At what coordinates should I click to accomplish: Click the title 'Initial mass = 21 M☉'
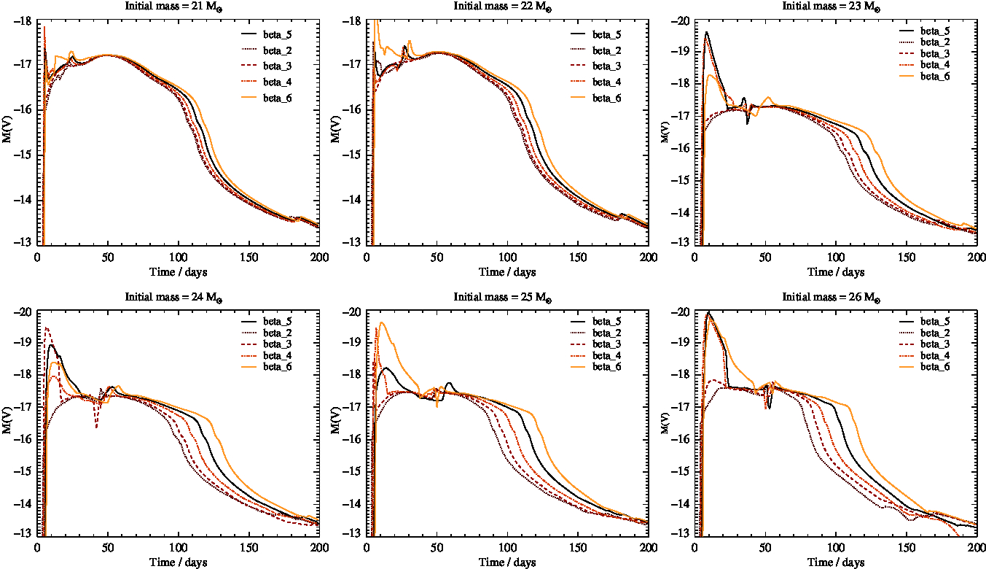coord(179,6)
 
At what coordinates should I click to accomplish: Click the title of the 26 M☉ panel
coord(835,297)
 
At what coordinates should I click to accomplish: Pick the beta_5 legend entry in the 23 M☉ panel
coord(935,31)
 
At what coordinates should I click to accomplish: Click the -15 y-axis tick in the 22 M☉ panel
coord(354,155)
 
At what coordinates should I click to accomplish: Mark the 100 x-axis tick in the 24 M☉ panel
coord(179,546)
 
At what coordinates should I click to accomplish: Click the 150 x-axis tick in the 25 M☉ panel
coord(578,546)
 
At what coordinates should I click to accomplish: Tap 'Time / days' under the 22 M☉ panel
coord(507,272)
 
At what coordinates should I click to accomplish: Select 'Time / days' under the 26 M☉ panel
coord(835,562)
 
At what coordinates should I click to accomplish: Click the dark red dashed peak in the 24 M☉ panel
coord(47,328)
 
